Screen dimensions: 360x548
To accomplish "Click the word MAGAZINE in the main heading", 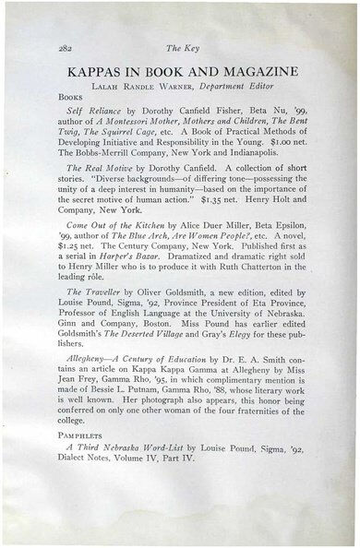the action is [x=259, y=70].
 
